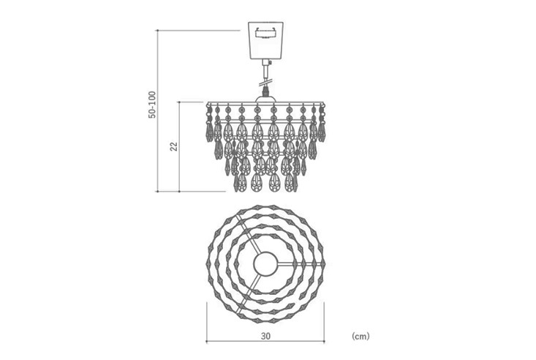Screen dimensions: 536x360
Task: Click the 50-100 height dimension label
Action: pos(152,105)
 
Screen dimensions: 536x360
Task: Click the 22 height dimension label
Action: pos(174,146)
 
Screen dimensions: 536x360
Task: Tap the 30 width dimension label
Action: pos(265,336)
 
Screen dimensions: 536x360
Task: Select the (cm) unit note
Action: pos(361,336)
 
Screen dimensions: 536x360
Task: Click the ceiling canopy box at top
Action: pos(265,40)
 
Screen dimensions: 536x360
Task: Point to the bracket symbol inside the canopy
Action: pos(265,33)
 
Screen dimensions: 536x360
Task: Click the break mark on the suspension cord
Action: pos(265,83)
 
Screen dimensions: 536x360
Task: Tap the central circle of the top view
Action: pos(265,263)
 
